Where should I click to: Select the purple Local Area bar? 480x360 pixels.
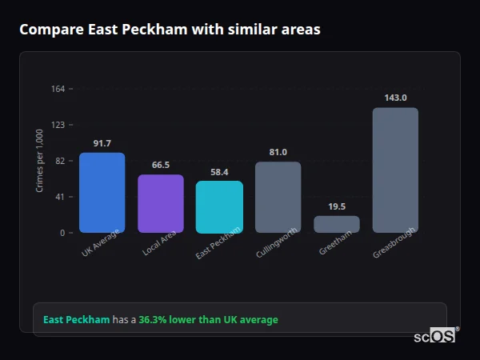[160, 203]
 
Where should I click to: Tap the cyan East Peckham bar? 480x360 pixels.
[219, 206]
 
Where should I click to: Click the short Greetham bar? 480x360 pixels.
[337, 224]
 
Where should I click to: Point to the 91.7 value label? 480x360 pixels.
[102, 143]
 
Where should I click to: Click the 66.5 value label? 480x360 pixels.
[160, 165]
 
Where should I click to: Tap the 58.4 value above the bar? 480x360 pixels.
[219, 171]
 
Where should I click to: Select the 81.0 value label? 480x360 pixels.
[278, 152]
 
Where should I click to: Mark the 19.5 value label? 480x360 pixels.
[337, 206]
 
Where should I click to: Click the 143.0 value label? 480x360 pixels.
[395, 98]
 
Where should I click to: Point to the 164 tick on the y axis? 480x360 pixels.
[58, 89]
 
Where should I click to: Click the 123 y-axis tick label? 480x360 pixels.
[58, 125]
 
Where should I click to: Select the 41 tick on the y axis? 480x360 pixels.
[61, 197]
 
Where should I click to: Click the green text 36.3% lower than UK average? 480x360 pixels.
[208, 320]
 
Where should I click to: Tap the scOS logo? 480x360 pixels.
[434, 336]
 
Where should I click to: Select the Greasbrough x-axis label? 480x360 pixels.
[394, 244]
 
